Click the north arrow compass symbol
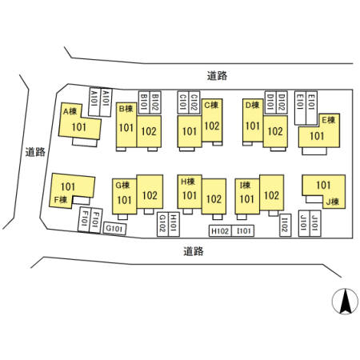345,302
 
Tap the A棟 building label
70,111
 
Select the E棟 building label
328,120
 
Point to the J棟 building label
332,202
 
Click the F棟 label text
61,199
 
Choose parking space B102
155,102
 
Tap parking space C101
183,102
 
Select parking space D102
282,102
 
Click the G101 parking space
114,229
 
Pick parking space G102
162,224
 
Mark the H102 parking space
220,231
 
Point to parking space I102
285,226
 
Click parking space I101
242,231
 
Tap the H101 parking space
174,224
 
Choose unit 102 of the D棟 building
275,131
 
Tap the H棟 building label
188,182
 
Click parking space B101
144,102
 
